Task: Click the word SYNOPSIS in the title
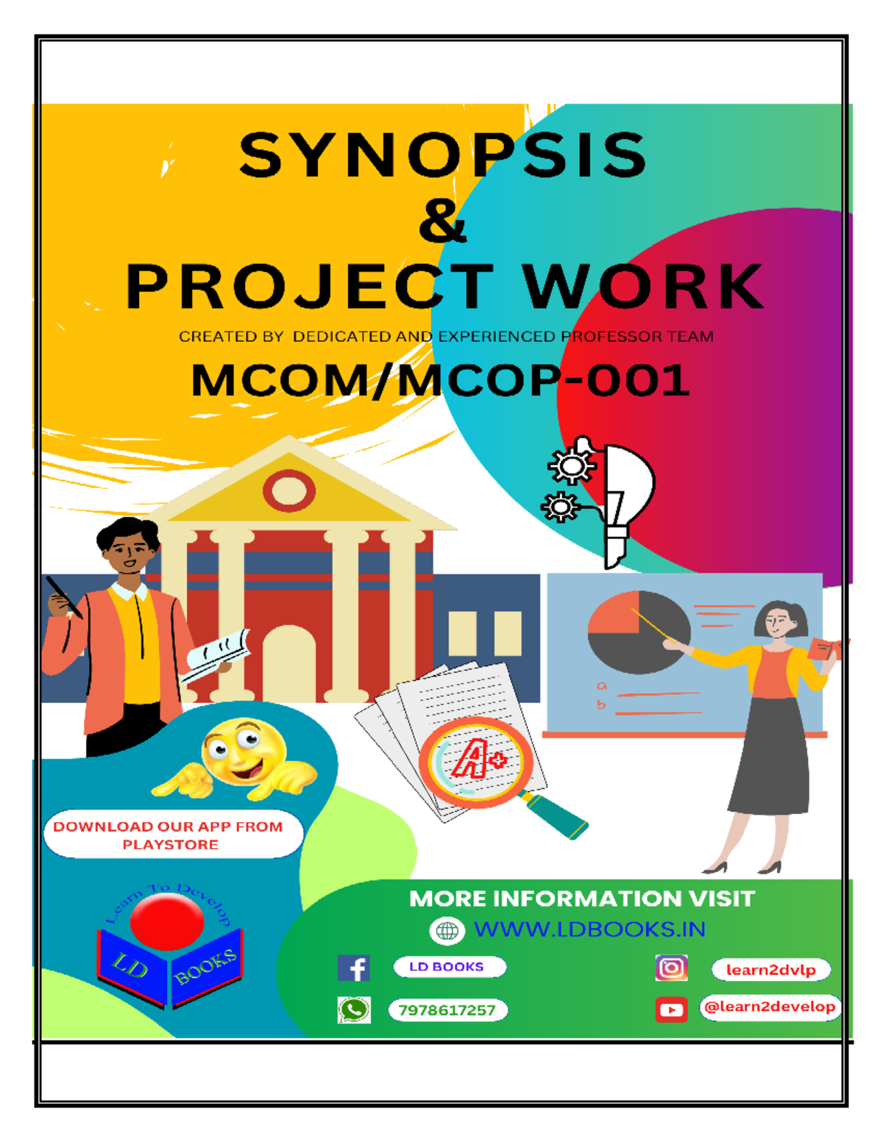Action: [x=442, y=155]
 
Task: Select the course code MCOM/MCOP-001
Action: [x=440, y=380]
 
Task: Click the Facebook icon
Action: [x=354, y=968]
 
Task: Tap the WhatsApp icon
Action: [x=354, y=1010]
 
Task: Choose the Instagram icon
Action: [x=671, y=968]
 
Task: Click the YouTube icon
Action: [x=671, y=1010]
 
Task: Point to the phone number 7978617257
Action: [x=447, y=1010]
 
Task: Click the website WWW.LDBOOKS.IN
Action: [x=589, y=929]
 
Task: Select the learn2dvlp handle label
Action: [x=770, y=970]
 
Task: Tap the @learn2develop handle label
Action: [x=770, y=1007]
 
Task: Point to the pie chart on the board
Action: [x=638, y=632]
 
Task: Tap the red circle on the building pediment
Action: [x=289, y=490]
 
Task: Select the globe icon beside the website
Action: [x=447, y=931]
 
